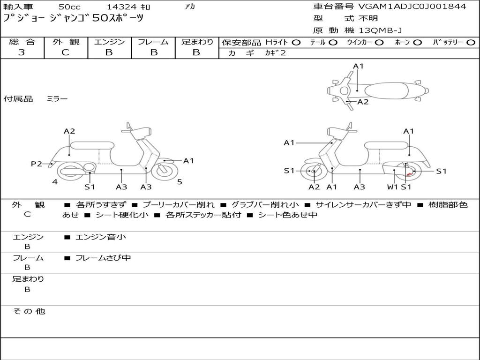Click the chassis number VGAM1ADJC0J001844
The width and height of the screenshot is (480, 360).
pyautogui.click(x=412, y=7)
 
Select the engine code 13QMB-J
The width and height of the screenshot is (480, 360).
pyautogui.click(x=380, y=31)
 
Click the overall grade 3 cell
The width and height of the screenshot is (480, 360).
pyautogui.click(x=22, y=52)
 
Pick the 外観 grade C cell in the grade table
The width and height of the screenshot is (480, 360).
pyautogui.click(x=66, y=52)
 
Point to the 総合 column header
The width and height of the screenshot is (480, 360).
pyautogui.click(x=22, y=42)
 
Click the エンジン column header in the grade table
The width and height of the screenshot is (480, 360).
pyautogui.click(x=109, y=42)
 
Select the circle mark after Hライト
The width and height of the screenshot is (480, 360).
pyautogui.click(x=296, y=43)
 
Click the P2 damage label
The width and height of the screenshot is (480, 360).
pyautogui.click(x=37, y=164)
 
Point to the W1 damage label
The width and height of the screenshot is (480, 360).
pyautogui.click(x=392, y=187)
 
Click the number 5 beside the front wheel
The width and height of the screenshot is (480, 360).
pyautogui.click(x=180, y=182)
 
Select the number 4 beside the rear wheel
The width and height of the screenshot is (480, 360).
pyautogui.click(x=55, y=182)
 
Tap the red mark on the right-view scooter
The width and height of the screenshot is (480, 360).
pyautogui.click(x=409, y=174)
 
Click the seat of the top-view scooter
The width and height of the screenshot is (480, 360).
pyautogui.click(x=384, y=90)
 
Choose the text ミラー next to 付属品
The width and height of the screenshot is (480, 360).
pyautogui.click(x=57, y=99)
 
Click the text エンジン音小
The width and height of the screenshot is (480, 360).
pyautogui.click(x=101, y=237)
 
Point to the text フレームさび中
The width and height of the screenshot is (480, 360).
pyautogui.click(x=103, y=258)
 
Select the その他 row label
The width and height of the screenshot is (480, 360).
pyautogui.click(x=29, y=311)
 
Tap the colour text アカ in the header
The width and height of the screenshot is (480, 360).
pyautogui.click(x=190, y=7)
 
